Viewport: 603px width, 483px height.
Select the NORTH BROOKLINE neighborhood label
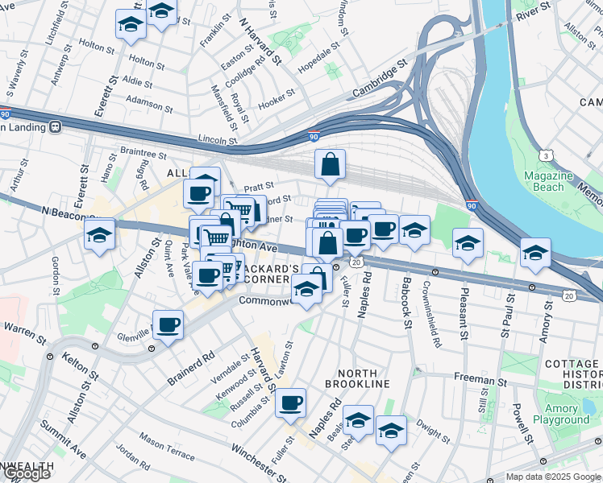tap(364, 378)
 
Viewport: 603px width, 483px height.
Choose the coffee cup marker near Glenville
tap(168, 325)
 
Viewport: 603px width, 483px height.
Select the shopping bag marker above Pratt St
tap(330, 164)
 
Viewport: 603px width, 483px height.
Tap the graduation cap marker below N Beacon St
tap(99, 234)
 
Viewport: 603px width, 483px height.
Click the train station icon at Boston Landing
tap(56, 126)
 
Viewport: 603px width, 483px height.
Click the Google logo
tap(27, 474)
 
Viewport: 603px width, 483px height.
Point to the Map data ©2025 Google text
tap(552, 477)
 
